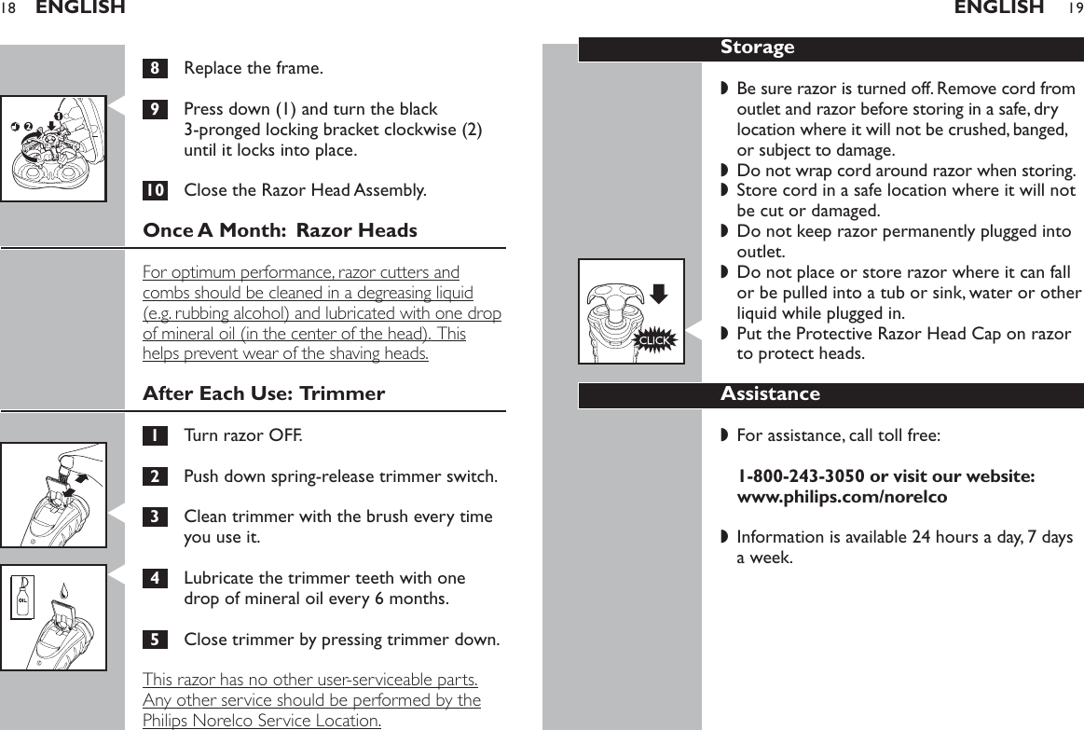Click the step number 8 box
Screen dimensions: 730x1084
[x=155, y=68]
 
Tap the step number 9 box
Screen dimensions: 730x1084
[x=155, y=109]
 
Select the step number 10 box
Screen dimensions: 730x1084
[x=155, y=191]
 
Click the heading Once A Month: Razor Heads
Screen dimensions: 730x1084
[x=280, y=230]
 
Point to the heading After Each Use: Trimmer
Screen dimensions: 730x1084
[x=264, y=393]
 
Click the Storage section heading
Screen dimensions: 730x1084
[x=757, y=48]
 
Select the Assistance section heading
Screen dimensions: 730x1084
[x=770, y=394]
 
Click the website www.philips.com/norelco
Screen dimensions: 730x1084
[x=842, y=497]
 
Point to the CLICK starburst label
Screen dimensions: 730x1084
[x=653, y=341]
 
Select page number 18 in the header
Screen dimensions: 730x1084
[x=8, y=8]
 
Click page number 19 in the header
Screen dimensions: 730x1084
[x=1075, y=8]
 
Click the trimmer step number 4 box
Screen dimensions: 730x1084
[x=155, y=578]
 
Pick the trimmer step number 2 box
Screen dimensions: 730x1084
[x=155, y=477]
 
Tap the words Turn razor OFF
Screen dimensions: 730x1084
[x=242, y=435]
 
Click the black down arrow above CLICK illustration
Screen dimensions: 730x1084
[x=659, y=295]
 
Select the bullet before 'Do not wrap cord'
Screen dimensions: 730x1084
[x=724, y=171]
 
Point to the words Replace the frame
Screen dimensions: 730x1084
[x=254, y=68]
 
